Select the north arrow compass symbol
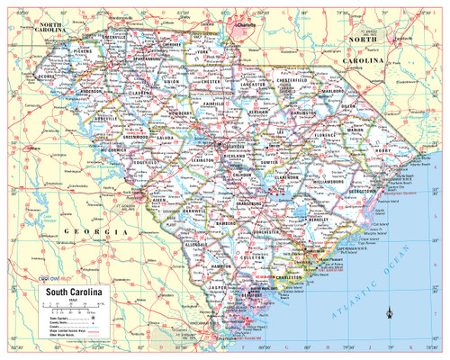click(x=389, y=312)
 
